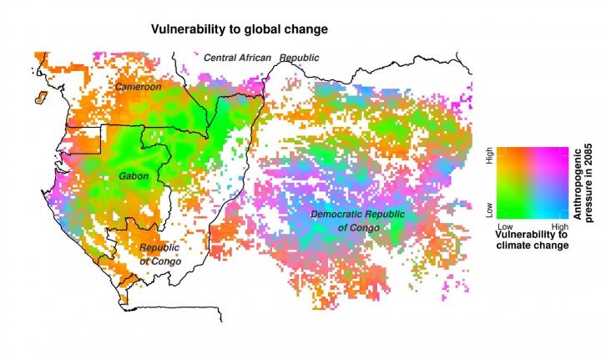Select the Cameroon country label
click(x=138, y=87)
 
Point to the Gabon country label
click(x=134, y=177)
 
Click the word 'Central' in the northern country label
click(x=222, y=57)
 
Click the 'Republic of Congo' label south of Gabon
click(x=159, y=255)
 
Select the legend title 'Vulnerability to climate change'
click(x=532, y=240)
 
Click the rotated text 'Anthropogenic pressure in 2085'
click(x=580, y=183)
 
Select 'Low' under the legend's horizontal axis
click(x=504, y=226)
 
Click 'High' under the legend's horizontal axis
click(x=560, y=226)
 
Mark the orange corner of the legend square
click(x=502, y=151)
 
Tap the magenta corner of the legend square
click(x=564, y=151)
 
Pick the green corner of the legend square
click(x=502, y=214)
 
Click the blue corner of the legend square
click(x=564, y=214)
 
